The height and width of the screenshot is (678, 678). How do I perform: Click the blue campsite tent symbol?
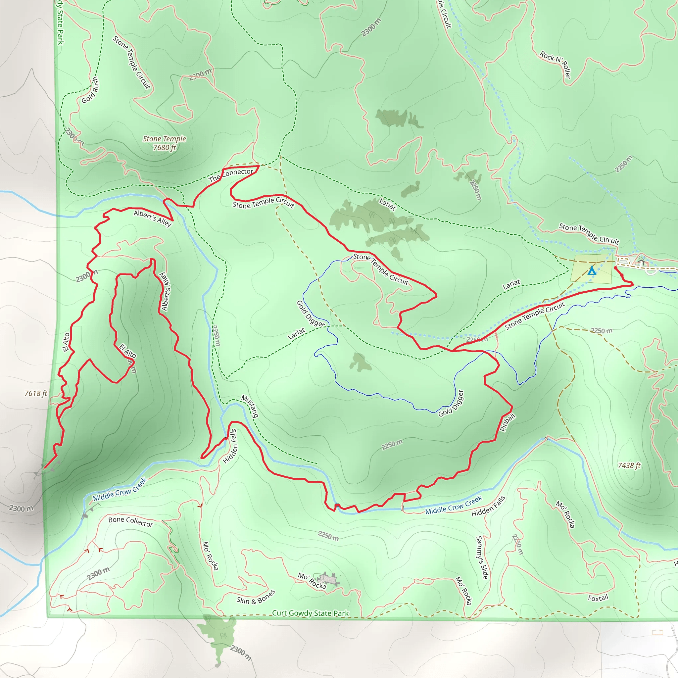(x=592, y=270)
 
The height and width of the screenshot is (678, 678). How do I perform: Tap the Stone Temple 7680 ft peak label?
(x=164, y=143)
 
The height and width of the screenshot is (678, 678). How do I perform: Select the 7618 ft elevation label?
(x=35, y=393)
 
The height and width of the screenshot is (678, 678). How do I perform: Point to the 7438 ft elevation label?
(x=629, y=465)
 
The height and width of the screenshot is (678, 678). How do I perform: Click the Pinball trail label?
(x=508, y=422)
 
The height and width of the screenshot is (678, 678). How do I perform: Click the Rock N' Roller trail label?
(x=556, y=64)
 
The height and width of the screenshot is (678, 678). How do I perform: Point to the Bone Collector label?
(x=130, y=522)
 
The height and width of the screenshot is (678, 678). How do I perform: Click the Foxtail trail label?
(x=598, y=598)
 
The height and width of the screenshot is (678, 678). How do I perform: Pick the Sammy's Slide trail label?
(x=482, y=557)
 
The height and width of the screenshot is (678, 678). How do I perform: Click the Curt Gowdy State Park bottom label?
(x=310, y=613)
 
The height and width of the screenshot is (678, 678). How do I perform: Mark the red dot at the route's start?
(x=615, y=268)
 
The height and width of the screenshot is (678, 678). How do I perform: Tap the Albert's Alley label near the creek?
(x=153, y=218)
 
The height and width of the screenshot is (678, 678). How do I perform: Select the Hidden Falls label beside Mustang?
(x=230, y=446)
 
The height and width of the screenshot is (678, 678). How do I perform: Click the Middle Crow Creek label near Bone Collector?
(x=120, y=490)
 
